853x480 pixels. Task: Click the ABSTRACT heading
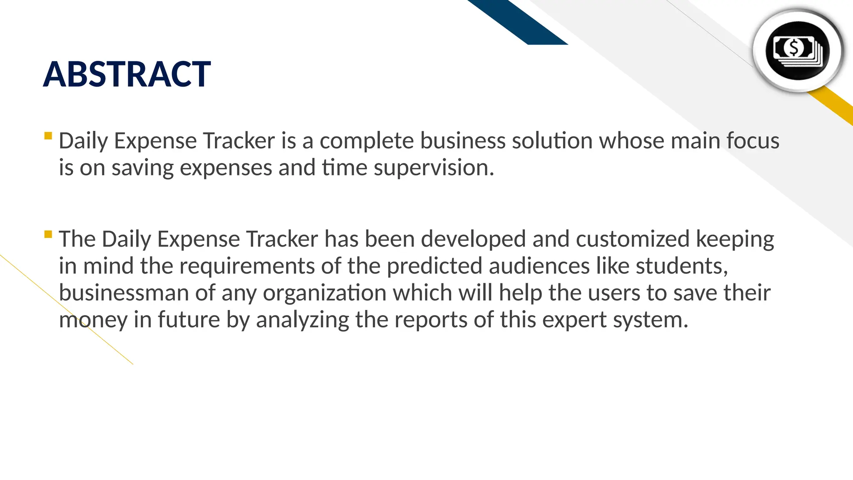click(127, 75)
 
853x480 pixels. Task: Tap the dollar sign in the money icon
click(794, 48)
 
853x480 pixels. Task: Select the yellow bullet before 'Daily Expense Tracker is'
click(48, 136)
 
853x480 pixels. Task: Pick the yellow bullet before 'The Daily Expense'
click(48, 234)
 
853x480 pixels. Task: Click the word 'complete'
click(367, 141)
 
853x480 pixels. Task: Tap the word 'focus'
click(753, 140)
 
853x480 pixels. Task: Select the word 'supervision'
click(433, 168)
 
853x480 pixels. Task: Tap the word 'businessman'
click(124, 293)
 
